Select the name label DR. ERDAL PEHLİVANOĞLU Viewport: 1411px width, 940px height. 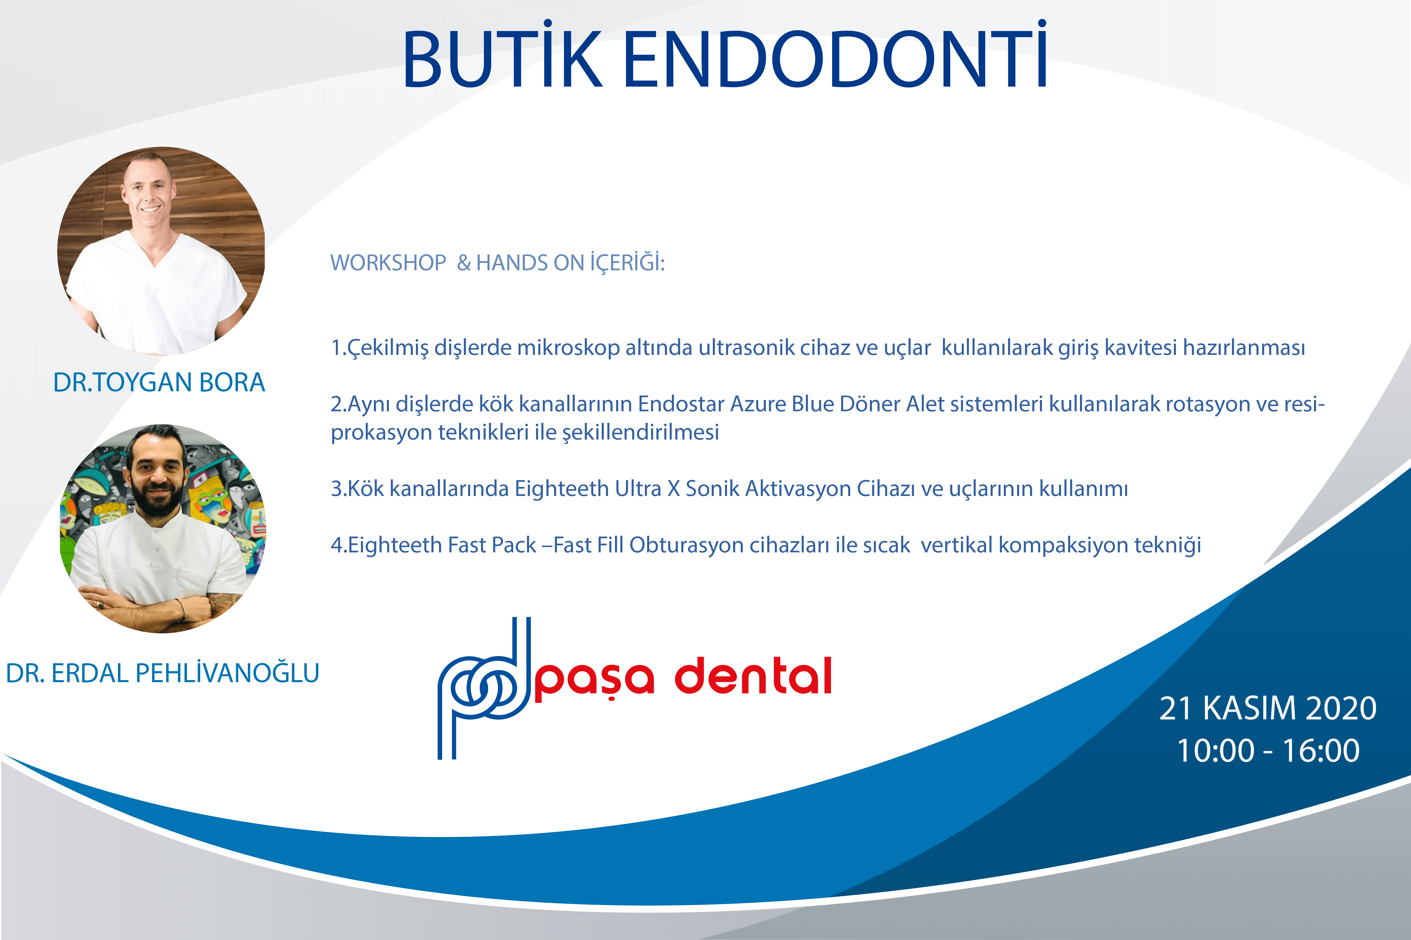click(162, 673)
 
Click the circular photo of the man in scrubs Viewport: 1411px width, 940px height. click(161, 251)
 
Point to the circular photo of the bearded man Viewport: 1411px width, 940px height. click(162, 529)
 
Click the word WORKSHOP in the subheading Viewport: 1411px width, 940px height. click(388, 263)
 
